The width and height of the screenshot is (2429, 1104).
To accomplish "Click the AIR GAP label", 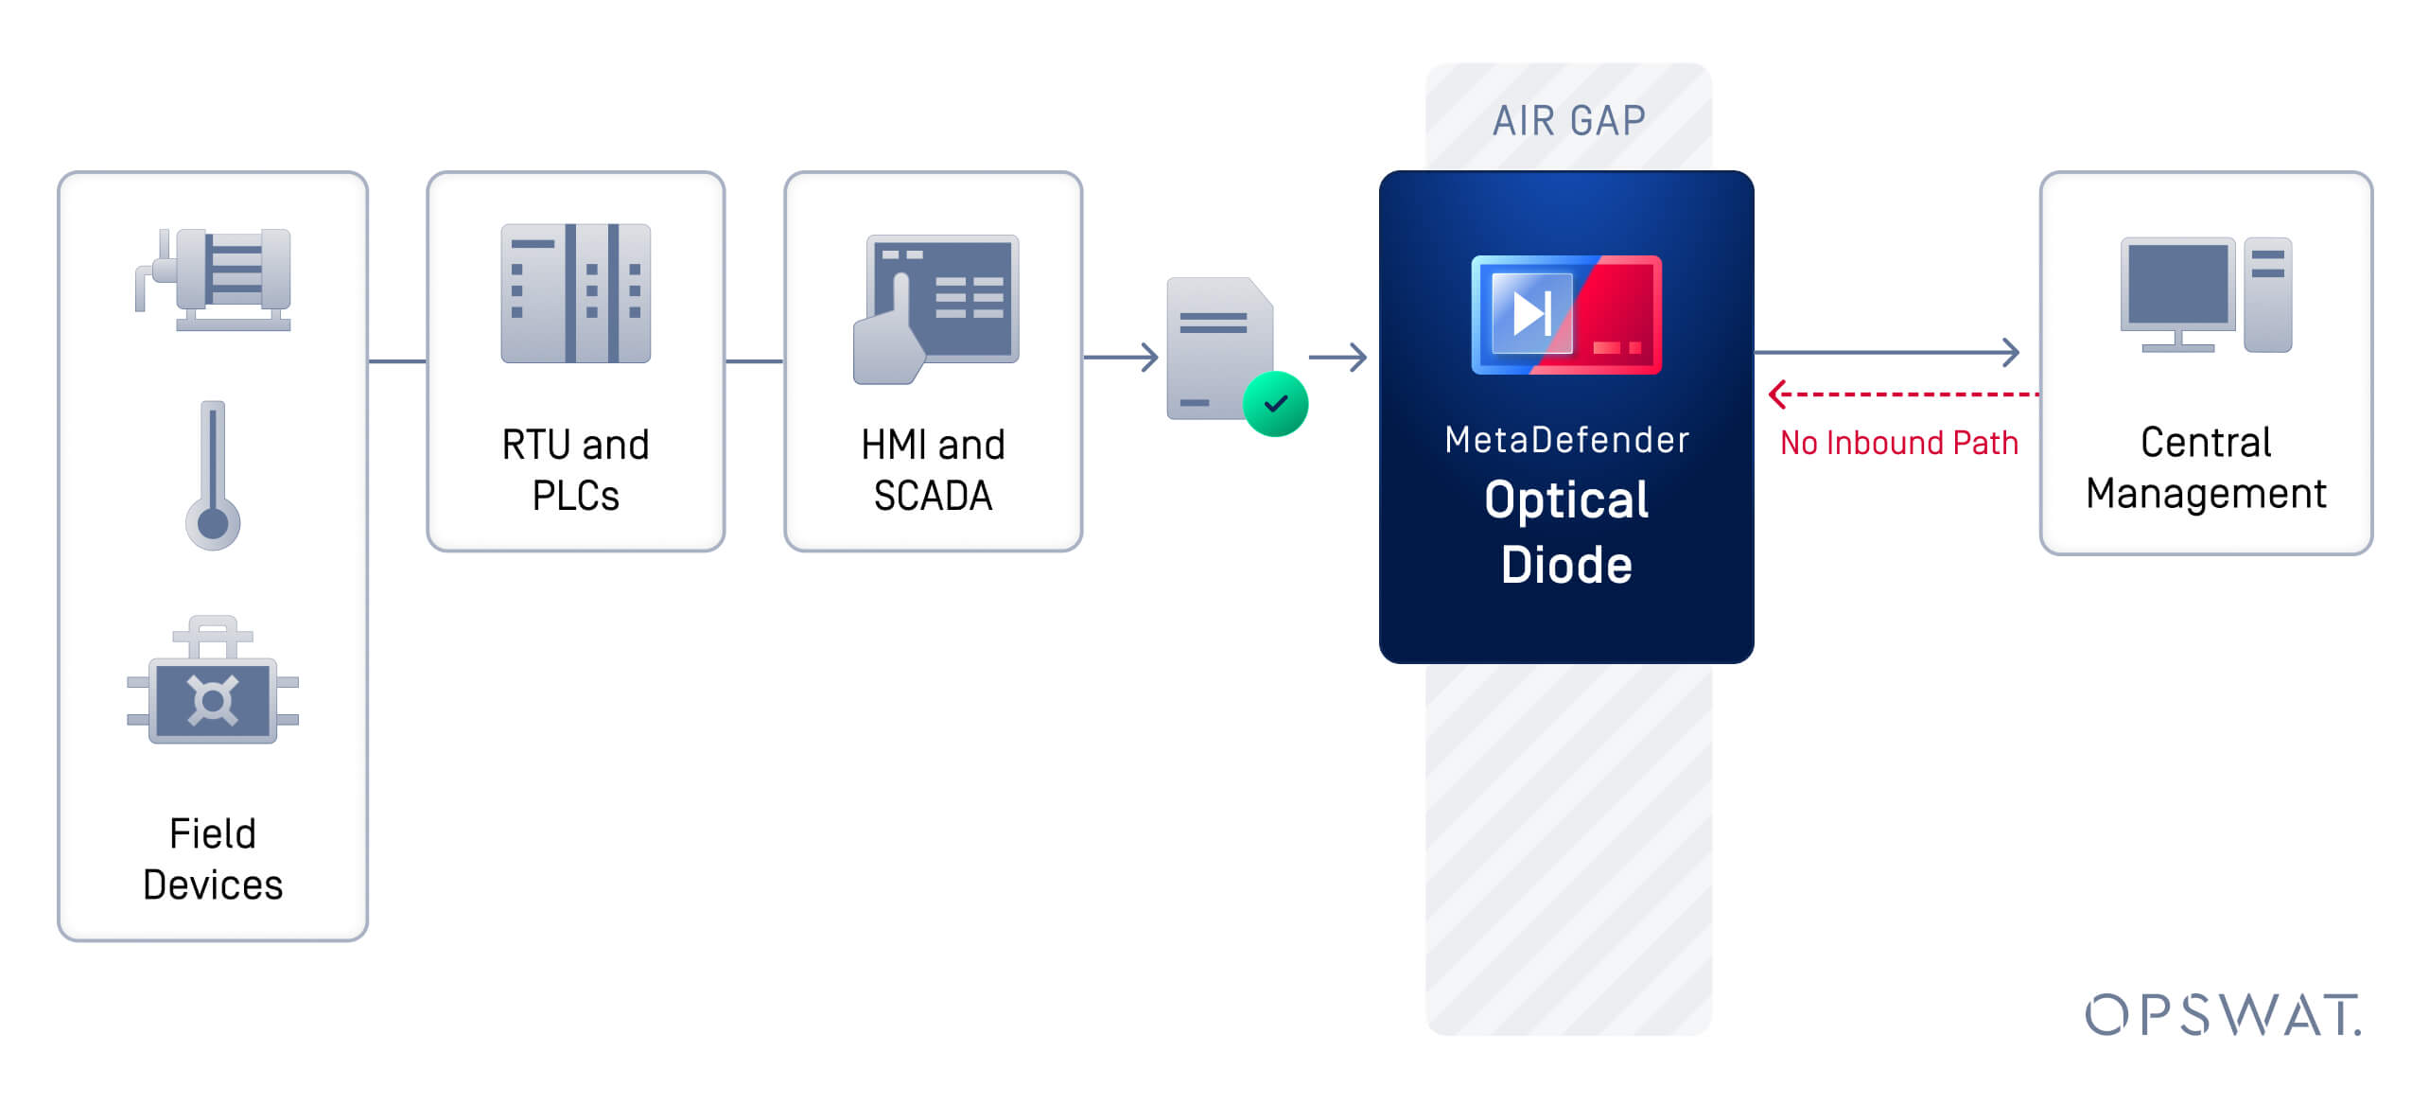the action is [x=1568, y=121].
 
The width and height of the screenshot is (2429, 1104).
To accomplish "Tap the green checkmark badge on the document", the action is [x=1275, y=404].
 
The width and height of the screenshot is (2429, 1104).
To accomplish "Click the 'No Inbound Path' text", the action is [x=1899, y=443].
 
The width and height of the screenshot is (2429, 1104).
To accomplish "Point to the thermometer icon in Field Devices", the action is [x=213, y=475].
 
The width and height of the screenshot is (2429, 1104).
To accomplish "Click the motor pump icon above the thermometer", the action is [x=213, y=279].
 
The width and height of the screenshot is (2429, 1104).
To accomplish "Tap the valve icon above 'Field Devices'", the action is [x=213, y=680].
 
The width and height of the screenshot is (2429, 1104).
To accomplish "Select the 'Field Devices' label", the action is [x=213, y=859].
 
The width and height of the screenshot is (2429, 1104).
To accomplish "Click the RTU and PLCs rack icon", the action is [x=576, y=293].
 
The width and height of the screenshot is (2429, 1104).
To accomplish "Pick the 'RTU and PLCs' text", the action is [x=576, y=470].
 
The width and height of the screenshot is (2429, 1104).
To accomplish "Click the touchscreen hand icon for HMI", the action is [x=935, y=309].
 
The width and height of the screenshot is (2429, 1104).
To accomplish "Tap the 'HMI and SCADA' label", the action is [x=934, y=470].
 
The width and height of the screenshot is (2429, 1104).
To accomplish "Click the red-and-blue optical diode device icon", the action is [x=1566, y=315].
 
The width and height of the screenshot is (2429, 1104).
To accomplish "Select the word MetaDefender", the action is [x=1567, y=440].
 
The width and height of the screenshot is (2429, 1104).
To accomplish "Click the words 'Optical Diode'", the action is [x=1566, y=532].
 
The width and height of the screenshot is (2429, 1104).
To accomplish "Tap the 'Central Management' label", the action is [x=2206, y=468].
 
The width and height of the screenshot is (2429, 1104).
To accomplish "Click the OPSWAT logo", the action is [x=2223, y=1015].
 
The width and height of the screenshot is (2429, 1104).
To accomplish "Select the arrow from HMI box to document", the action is [x=1121, y=358].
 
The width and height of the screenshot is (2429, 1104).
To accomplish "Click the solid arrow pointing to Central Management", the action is [x=1887, y=353].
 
